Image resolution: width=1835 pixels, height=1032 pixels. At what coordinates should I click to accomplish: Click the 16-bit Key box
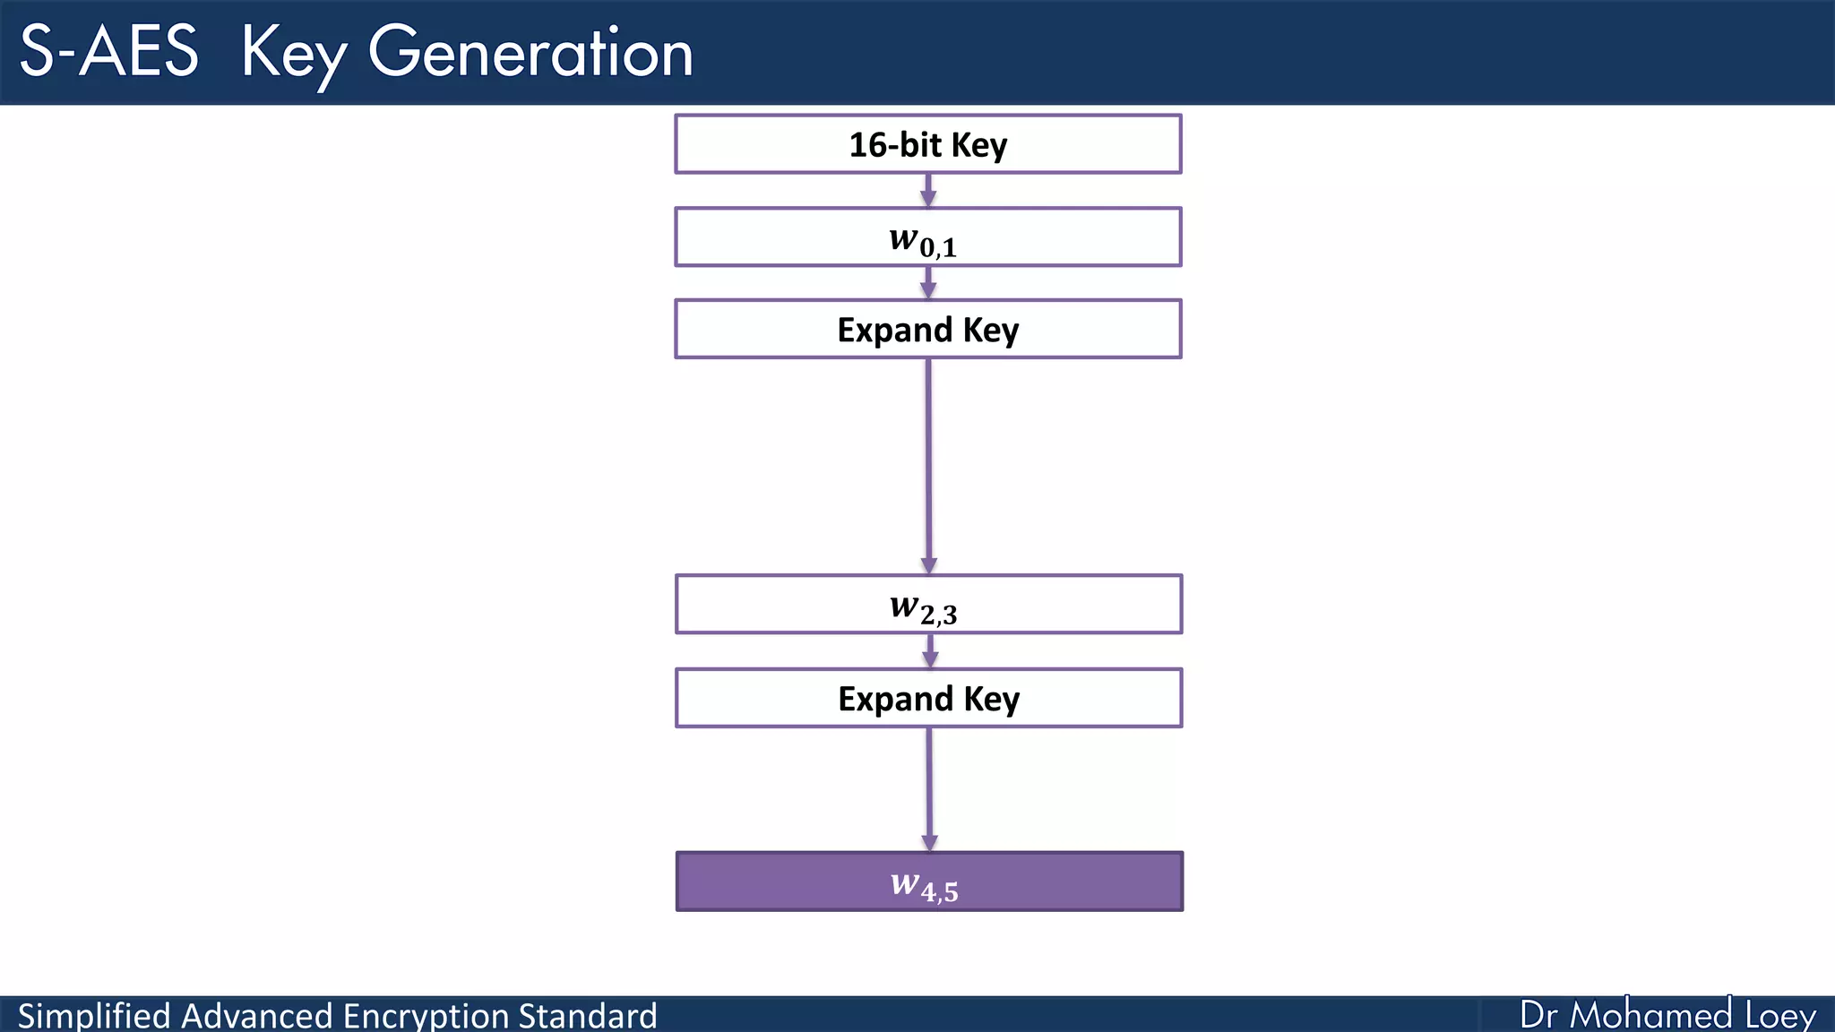927,144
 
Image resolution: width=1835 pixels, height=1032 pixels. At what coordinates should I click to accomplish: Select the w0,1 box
927,237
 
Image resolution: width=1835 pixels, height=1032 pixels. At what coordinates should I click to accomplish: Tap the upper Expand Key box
927,330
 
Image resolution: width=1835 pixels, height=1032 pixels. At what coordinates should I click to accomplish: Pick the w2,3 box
928,605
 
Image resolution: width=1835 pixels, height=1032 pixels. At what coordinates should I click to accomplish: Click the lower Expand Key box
928,698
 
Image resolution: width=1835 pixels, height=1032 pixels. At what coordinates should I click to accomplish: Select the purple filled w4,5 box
928,881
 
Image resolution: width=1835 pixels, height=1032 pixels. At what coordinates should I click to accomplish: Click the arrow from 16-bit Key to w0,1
928,190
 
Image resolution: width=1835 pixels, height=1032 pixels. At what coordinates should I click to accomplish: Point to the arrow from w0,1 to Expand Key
928,283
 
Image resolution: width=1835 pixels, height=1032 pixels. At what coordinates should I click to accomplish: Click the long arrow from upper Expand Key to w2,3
928,466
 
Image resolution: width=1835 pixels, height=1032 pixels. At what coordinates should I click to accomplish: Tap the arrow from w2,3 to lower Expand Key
930,651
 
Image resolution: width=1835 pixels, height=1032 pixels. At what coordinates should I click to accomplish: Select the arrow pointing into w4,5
929,788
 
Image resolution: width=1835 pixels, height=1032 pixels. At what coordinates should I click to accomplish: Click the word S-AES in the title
108,52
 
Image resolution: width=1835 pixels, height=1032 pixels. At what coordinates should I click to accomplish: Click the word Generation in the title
530,52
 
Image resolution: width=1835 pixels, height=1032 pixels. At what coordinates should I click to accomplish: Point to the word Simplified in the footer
93,1016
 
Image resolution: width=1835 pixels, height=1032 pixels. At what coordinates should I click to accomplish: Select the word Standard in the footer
588,1016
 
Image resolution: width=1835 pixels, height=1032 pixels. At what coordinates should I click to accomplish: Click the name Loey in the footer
1779,1016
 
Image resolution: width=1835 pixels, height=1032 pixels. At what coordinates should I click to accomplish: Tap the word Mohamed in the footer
1650,1015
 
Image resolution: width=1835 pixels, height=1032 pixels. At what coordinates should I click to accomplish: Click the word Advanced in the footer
256,1016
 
